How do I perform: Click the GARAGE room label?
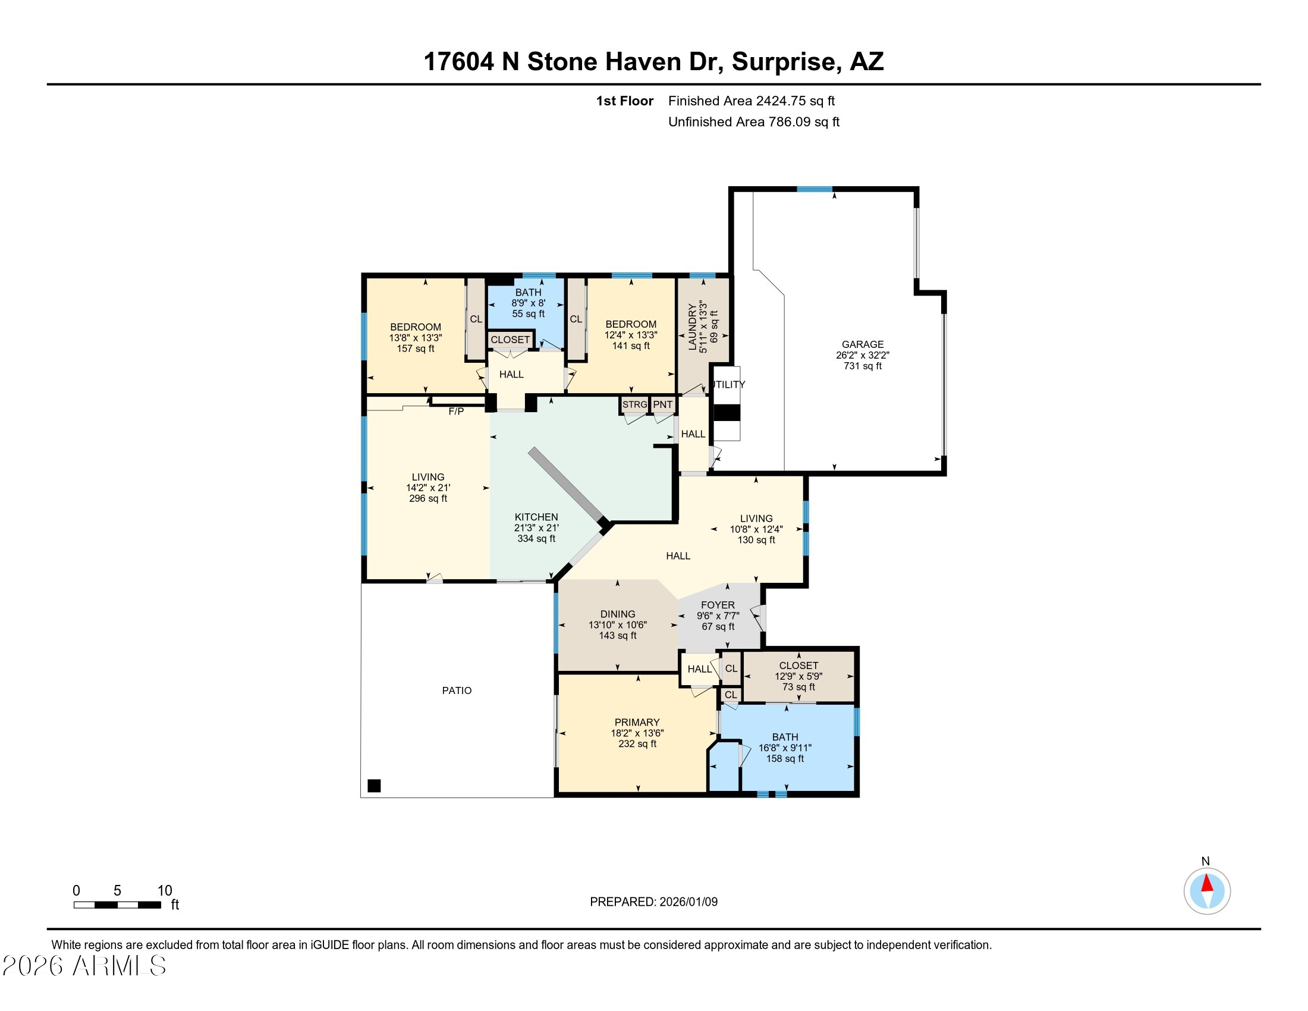click(x=863, y=344)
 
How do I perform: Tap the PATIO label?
click(x=457, y=690)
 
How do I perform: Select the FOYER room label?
click(x=718, y=605)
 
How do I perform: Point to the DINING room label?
click(x=618, y=614)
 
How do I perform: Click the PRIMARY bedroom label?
click(x=637, y=723)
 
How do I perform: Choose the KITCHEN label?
click(x=536, y=517)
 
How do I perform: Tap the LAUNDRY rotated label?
click(x=693, y=327)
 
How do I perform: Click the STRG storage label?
click(x=635, y=405)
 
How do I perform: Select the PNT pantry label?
click(x=662, y=405)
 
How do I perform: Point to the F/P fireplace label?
click(x=456, y=412)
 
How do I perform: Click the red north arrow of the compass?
click(x=1207, y=884)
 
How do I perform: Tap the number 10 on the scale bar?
click(x=165, y=891)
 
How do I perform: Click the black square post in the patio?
click(x=374, y=786)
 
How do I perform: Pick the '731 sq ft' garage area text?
click(x=863, y=366)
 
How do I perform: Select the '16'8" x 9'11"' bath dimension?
click(x=785, y=748)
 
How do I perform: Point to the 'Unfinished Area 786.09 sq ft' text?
click(x=753, y=122)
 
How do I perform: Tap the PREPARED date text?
click(x=653, y=902)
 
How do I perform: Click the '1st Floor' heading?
click(x=625, y=101)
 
